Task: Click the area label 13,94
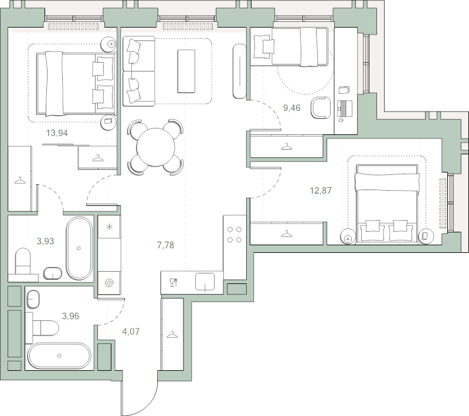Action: coord(57,133)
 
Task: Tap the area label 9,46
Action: coord(291,108)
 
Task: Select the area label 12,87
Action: coord(321,190)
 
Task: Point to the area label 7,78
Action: coord(165,245)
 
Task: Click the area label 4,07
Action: coord(131,332)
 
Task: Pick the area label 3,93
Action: coord(46,241)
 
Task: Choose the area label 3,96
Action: coord(70,316)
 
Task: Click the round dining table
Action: coord(155,147)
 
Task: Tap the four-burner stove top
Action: coord(235,235)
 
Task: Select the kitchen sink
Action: coord(205,282)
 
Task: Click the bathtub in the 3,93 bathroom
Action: coord(79,248)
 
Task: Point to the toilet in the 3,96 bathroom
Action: coord(42,328)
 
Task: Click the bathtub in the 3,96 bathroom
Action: coord(59,356)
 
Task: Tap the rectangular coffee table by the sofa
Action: coord(186,71)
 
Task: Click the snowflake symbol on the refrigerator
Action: coord(110,226)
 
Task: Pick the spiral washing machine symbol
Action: coord(109,283)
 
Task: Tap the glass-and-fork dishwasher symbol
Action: coord(174,283)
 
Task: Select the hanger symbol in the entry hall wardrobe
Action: coord(172,334)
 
